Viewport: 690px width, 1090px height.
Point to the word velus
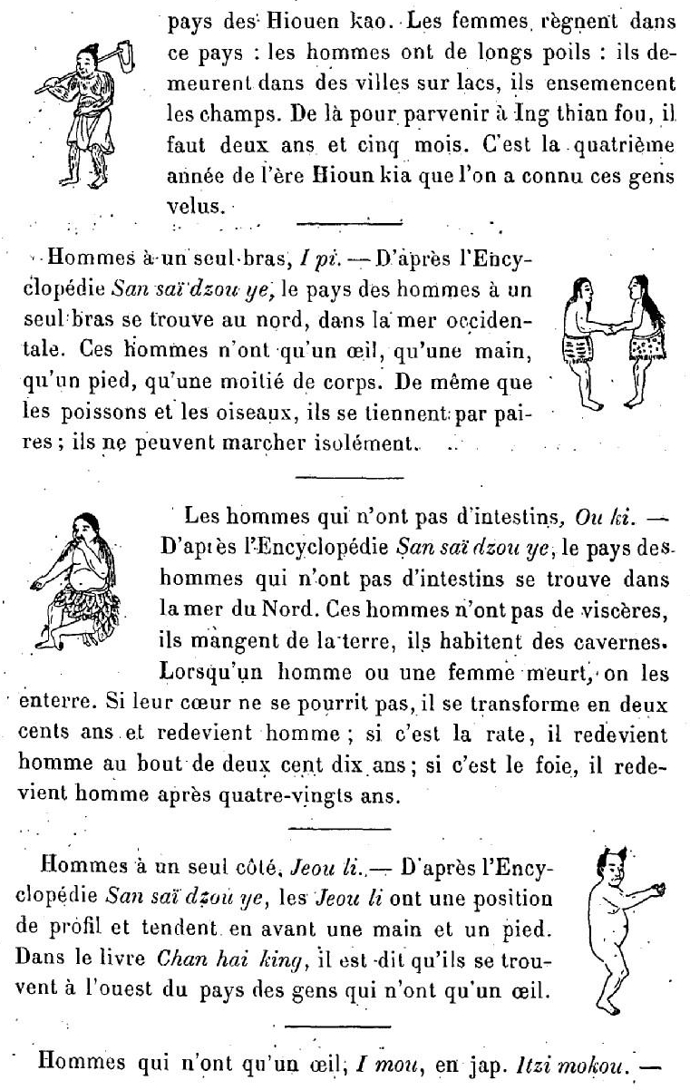[192, 207]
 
